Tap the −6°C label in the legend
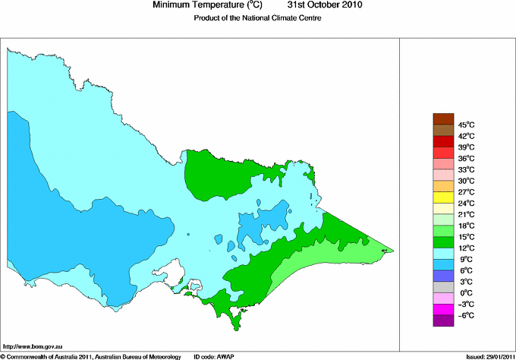coord(466,316)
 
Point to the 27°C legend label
coord(466,192)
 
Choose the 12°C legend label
coord(466,248)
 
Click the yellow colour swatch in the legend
coord(442,197)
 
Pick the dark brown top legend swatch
coord(442,118)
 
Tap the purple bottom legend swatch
coord(442,321)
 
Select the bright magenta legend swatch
coord(442,310)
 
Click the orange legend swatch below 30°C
coord(442,186)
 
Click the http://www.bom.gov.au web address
coord(32,346)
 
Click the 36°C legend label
coord(466,158)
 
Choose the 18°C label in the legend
coord(466,226)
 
